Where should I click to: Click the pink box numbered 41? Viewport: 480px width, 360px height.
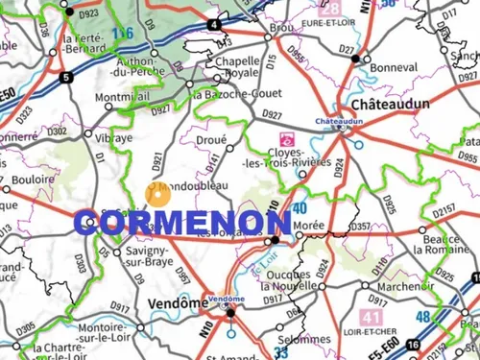click(370, 316)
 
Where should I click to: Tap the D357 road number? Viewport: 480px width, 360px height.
click(361, 227)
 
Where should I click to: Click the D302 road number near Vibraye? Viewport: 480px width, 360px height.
click(57, 132)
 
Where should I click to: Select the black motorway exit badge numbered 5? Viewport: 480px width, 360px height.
click(65, 77)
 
